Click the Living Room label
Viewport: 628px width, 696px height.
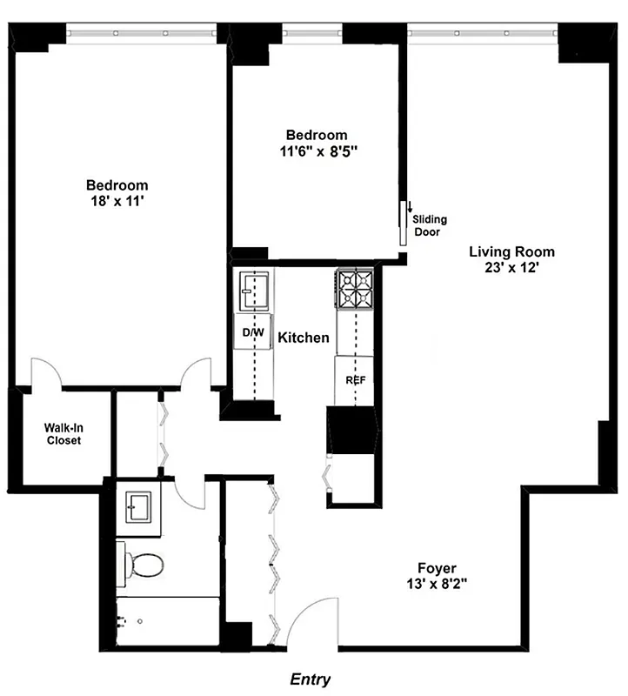pyautogui.click(x=511, y=252)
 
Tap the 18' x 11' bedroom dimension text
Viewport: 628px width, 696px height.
pyautogui.click(x=117, y=201)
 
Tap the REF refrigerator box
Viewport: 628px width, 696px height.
pyautogui.click(x=354, y=380)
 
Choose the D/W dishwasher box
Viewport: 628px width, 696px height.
pyautogui.click(x=252, y=333)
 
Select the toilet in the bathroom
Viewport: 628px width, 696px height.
pyautogui.click(x=145, y=565)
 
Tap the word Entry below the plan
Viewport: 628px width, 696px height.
pyautogui.click(x=311, y=679)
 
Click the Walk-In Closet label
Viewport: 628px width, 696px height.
pyautogui.click(x=63, y=433)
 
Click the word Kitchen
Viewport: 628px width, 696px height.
pyautogui.click(x=303, y=338)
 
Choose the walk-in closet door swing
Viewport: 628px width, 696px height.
pyautogui.click(x=45, y=372)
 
